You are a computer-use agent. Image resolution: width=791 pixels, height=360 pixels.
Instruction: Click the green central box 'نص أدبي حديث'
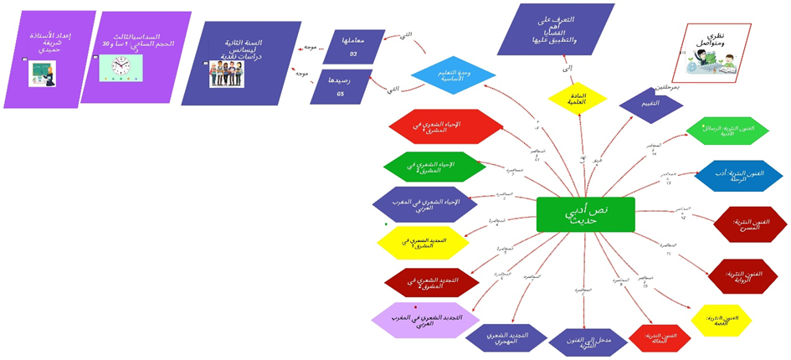[585, 214]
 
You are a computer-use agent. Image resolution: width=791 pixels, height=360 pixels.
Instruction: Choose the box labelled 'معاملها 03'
[347, 46]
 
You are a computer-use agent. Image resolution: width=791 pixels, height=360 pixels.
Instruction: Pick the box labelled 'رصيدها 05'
[341, 86]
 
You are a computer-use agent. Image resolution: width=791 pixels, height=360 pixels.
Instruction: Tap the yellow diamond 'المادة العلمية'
[578, 98]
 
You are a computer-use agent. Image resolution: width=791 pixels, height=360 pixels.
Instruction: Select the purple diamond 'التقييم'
[651, 104]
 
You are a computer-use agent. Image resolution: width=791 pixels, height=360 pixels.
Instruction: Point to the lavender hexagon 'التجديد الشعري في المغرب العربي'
[426, 321]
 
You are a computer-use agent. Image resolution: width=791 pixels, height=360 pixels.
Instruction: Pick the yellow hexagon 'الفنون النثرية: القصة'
[721, 321]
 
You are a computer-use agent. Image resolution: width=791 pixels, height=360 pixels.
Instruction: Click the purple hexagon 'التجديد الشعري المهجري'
[506, 337]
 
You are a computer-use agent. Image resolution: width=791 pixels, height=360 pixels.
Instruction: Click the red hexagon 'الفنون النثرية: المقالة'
[660, 337]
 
